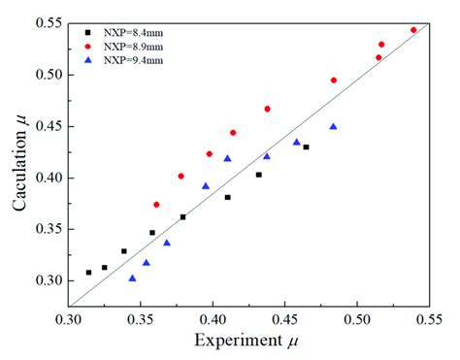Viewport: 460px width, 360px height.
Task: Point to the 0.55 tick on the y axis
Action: pos(49,22)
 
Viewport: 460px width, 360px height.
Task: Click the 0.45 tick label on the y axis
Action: pos(49,126)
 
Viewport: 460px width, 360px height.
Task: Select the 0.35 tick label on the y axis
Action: pos(49,229)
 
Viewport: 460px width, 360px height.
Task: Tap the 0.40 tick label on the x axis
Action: pos(213,317)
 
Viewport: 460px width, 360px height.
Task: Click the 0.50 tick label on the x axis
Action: pos(357,317)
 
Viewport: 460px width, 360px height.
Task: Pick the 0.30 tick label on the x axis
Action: pos(69,317)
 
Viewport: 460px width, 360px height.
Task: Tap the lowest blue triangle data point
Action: pos(132,278)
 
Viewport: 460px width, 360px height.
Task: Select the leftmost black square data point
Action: pos(88,273)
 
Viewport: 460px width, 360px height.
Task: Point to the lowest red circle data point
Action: pos(156,205)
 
